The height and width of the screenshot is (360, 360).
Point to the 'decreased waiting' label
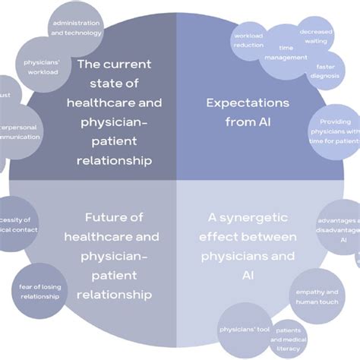point(312,36)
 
